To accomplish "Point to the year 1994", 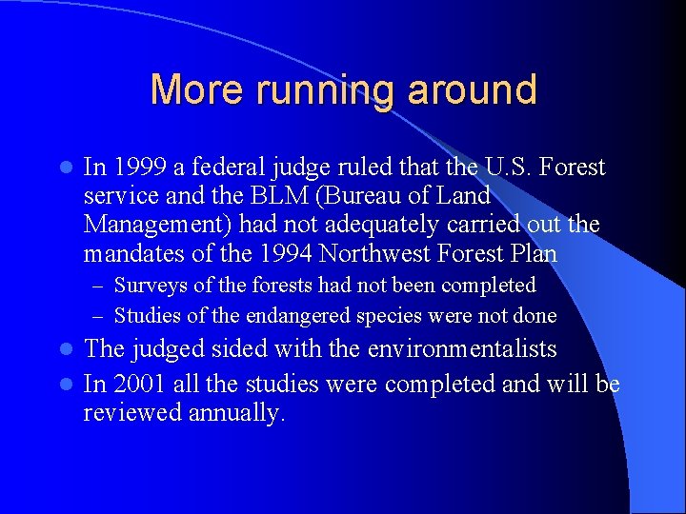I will tap(284, 254).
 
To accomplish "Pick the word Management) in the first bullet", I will tap(157, 226).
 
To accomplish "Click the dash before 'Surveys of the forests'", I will tap(100, 287).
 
